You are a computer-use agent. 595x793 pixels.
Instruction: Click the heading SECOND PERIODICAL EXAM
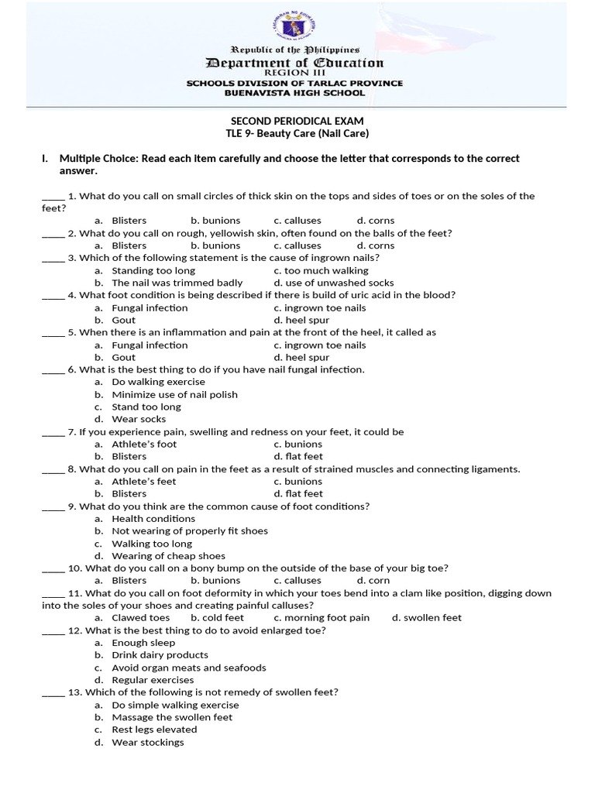point(297,122)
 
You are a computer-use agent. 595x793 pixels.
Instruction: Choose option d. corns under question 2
point(376,245)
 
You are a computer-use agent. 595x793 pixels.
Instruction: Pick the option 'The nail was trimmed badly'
point(177,283)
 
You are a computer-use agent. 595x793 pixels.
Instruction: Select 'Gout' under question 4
point(123,320)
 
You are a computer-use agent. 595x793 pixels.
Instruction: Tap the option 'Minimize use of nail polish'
point(174,394)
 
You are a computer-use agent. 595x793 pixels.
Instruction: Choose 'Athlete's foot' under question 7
point(144,444)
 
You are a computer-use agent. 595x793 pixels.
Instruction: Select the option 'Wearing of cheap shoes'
point(168,555)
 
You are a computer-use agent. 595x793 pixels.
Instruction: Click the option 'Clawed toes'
point(140,617)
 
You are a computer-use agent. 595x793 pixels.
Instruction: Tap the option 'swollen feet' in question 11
point(427,617)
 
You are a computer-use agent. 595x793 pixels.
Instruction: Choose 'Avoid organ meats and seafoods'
point(188,668)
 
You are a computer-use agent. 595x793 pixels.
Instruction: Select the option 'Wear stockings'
point(148,742)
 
